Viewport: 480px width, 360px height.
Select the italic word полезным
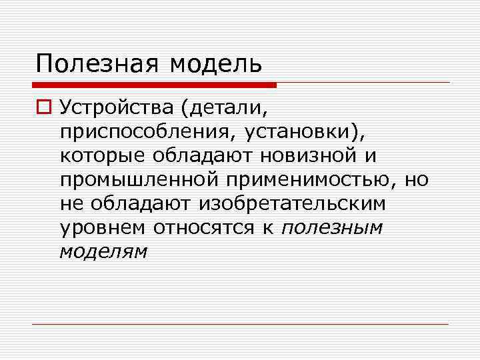[x=332, y=227]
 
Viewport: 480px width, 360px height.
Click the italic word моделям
[x=103, y=251]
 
